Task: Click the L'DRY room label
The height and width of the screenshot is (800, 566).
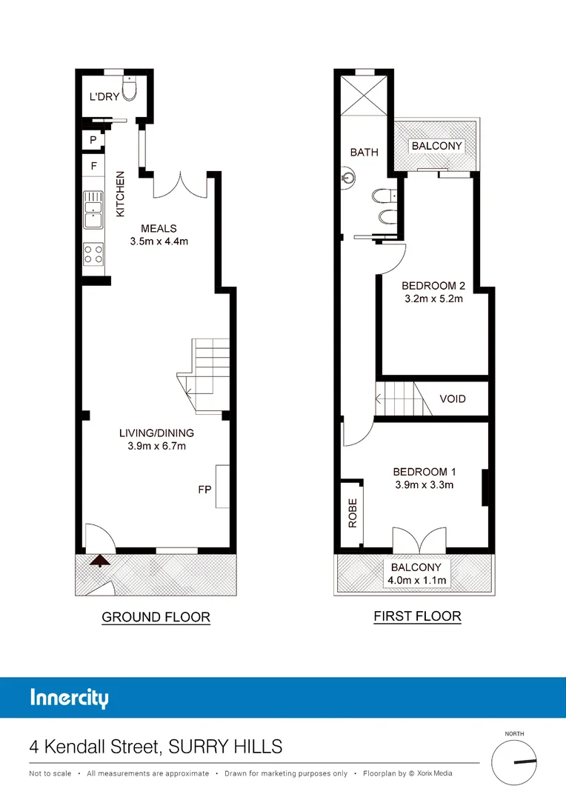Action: (x=104, y=96)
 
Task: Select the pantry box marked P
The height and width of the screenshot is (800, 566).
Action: (x=93, y=140)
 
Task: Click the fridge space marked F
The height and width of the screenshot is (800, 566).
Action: (x=94, y=165)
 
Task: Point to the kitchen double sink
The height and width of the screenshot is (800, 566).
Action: (x=93, y=210)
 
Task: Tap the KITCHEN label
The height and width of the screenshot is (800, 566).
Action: (x=121, y=194)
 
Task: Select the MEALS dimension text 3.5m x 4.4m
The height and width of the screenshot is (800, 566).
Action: (x=159, y=241)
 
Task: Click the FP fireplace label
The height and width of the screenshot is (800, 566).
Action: (x=204, y=490)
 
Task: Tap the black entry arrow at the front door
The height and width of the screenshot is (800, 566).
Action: (x=100, y=561)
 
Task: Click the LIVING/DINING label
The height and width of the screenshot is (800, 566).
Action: (x=156, y=433)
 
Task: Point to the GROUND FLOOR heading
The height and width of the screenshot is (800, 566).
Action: (x=156, y=617)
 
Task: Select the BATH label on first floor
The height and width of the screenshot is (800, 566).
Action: (x=364, y=152)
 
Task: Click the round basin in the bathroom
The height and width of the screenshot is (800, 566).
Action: (x=349, y=178)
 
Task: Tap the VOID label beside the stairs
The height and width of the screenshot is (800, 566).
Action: (x=453, y=399)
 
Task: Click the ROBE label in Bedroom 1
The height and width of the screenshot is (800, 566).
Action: (x=353, y=513)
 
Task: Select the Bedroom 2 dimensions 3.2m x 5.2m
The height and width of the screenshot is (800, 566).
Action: (x=434, y=299)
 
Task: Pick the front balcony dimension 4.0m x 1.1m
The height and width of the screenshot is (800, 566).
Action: (x=416, y=580)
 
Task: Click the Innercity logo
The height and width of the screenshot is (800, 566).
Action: (x=70, y=698)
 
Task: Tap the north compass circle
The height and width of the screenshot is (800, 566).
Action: (x=514, y=762)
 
